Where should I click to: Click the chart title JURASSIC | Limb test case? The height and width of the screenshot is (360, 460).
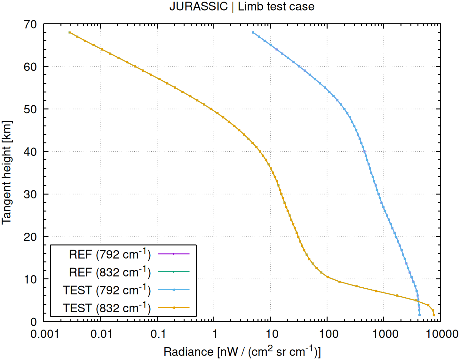point(242,6)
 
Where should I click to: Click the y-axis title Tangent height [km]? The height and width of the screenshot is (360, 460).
point(7,173)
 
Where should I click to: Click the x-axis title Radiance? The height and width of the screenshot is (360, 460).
point(242,351)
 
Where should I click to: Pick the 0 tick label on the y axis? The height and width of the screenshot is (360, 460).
point(34,322)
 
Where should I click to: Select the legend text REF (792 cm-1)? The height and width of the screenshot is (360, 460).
point(110,254)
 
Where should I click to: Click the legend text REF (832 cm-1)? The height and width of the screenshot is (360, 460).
point(110,272)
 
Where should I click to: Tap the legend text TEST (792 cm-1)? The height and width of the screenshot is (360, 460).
point(107,290)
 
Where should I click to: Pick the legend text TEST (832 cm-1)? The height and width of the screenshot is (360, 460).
point(107,308)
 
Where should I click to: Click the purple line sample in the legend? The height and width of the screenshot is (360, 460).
point(174,254)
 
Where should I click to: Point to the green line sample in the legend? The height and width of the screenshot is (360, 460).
point(174,272)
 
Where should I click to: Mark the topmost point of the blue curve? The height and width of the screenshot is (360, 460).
point(253,32)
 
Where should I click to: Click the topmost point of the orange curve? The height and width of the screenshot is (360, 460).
point(69,32)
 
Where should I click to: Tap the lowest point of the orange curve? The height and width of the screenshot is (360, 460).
point(434,315)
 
